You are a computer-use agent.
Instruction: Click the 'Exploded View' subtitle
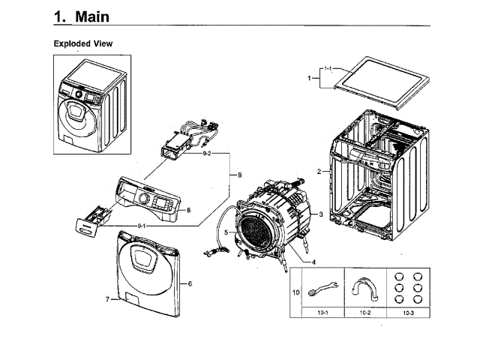coord(82,43)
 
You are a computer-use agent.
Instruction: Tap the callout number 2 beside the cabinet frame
coord(319,172)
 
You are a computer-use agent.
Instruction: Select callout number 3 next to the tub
coord(321,214)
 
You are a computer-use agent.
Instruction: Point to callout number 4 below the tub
coord(313,262)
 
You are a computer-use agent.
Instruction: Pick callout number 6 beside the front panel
coord(190,283)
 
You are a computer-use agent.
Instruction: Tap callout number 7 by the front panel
coord(107,299)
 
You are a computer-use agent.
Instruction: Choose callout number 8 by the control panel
coord(189,211)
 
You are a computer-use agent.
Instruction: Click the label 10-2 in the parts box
coord(364,310)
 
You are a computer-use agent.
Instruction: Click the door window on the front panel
coord(149,259)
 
